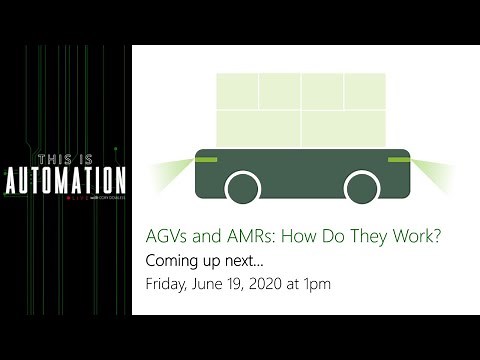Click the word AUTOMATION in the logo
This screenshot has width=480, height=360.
[x=67, y=180]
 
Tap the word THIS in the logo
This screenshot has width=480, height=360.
[x=55, y=160]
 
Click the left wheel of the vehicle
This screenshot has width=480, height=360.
[x=242, y=187]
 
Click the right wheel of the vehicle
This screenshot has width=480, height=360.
[x=361, y=187]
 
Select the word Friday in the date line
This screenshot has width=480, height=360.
[x=166, y=284]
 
